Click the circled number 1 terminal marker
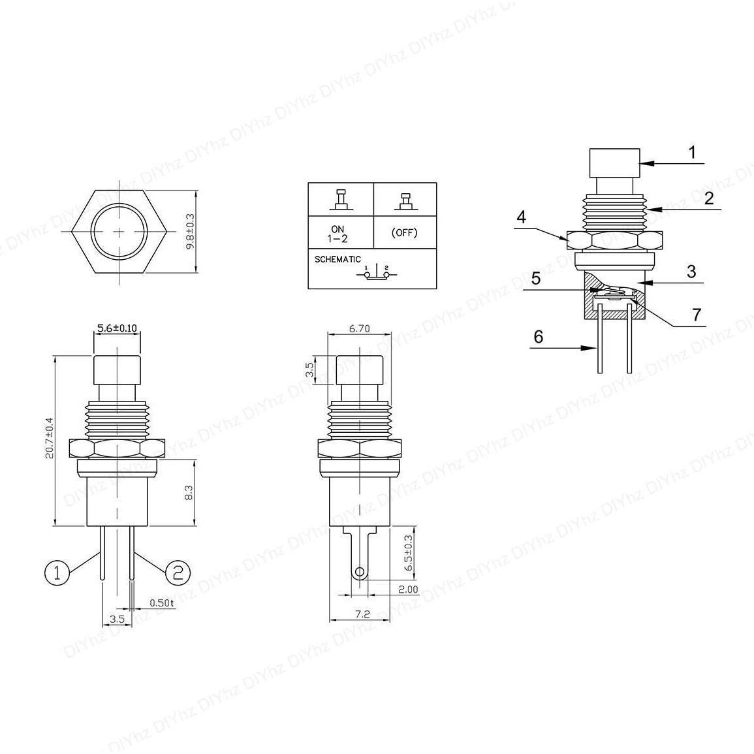click(x=57, y=573)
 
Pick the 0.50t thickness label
click(x=162, y=603)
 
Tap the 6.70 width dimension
click(x=359, y=329)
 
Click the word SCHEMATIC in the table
click(x=338, y=259)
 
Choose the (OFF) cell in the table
click(x=404, y=233)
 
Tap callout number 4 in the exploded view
click(x=520, y=216)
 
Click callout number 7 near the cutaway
click(x=696, y=315)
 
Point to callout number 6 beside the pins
click(x=538, y=337)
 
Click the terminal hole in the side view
click(x=358, y=573)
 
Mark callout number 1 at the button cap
click(x=693, y=153)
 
